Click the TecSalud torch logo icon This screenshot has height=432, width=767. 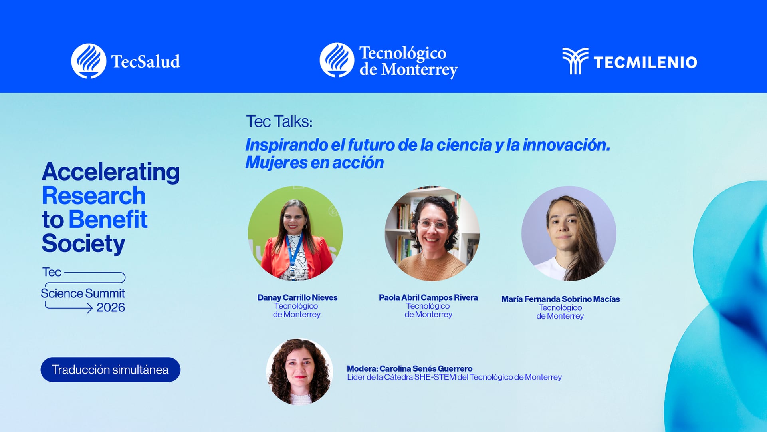89,61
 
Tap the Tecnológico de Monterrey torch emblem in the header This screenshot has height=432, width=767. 337,60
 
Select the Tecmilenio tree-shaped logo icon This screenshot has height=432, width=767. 575,61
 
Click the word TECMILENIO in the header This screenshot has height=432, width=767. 645,62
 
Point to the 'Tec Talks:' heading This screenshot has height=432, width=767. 279,121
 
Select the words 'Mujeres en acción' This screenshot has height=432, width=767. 314,163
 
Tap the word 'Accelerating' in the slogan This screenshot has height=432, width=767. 111,172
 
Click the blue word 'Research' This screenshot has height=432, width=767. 93,196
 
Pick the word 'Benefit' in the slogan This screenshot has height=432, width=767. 108,220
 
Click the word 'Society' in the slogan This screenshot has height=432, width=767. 83,243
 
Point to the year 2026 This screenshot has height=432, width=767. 111,307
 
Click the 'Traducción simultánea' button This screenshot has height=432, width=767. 110,370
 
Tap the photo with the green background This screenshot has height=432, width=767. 295,233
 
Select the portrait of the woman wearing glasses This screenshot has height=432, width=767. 432,233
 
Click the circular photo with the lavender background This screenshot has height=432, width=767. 569,233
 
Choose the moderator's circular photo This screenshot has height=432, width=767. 299,372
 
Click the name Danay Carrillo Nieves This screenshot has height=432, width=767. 297,297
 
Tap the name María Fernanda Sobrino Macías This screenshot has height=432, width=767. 561,299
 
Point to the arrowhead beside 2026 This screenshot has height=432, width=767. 90,308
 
